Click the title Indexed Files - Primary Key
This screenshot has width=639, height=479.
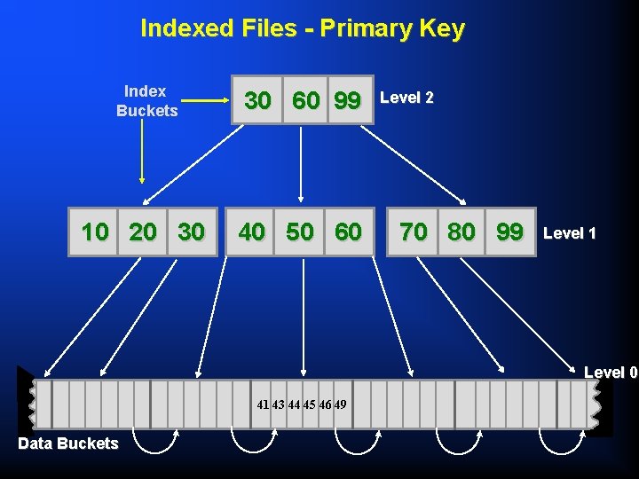(302, 28)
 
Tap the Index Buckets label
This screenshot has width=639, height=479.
(146, 101)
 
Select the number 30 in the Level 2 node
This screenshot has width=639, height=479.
(257, 100)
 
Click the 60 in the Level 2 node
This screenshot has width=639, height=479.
(305, 100)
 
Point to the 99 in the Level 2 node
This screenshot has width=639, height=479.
(348, 100)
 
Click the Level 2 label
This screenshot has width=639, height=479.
(406, 98)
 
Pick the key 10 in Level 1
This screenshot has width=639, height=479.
(95, 232)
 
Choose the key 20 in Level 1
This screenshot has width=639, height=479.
(143, 232)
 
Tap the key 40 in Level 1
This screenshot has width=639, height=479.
(251, 232)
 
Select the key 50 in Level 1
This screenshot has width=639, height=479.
(300, 232)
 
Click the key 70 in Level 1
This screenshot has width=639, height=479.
(413, 232)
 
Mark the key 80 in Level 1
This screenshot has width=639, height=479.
(461, 232)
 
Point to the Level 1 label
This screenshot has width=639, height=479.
(569, 233)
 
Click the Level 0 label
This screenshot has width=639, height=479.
(611, 373)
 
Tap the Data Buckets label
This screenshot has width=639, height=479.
(67, 444)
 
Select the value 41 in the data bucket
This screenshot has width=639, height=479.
(263, 404)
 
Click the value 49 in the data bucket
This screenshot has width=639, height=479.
(340, 404)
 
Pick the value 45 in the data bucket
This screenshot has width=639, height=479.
(309, 404)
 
